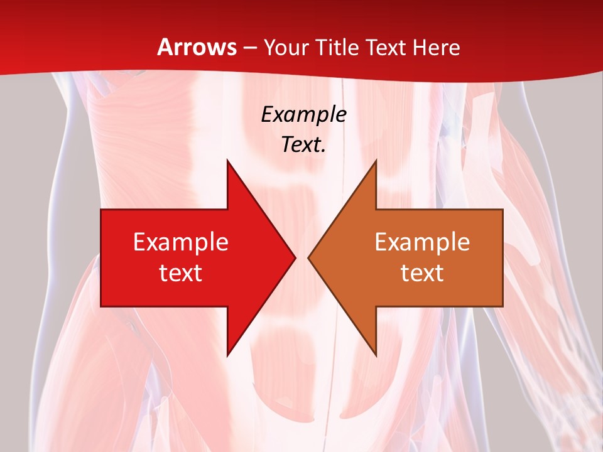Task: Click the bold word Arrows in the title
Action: (x=197, y=47)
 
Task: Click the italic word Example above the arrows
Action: (x=304, y=114)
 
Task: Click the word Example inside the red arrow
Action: (x=181, y=242)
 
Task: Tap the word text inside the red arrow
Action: (x=181, y=272)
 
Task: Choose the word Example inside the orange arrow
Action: (x=422, y=242)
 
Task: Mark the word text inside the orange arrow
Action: (x=422, y=272)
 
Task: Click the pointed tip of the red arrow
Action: (x=295, y=257)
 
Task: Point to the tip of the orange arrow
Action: (x=308, y=257)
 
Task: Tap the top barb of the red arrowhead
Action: (x=227, y=161)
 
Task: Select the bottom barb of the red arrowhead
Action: (x=227, y=355)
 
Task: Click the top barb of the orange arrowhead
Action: (x=376, y=161)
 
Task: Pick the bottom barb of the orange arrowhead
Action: (x=376, y=355)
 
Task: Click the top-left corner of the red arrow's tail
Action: (x=101, y=210)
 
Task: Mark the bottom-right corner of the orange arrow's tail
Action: (x=503, y=306)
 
